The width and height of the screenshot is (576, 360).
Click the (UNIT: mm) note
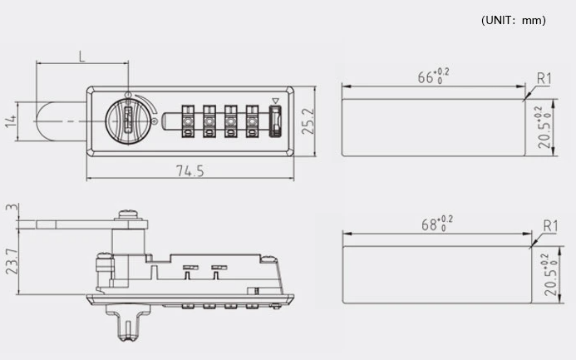pyautogui.click(x=513, y=21)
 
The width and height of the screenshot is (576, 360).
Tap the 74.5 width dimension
pyautogui.click(x=190, y=171)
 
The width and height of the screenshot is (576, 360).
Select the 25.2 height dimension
pyautogui.click(x=308, y=121)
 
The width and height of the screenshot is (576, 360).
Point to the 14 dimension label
pyautogui.click(x=11, y=121)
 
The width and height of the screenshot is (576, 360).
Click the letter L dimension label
pyautogui.click(x=81, y=57)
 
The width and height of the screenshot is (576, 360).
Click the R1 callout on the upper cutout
pyautogui.click(x=544, y=78)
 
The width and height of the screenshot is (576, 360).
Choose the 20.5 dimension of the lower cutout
pyautogui.click(x=544, y=276)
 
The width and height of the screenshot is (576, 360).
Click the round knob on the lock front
pyautogui.click(x=128, y=121)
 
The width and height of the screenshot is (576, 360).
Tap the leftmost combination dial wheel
pyautogui.click(x=189, y=121)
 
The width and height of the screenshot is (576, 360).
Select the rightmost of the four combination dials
pyautogui.click(x=250, y=121)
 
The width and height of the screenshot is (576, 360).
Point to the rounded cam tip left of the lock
pyautogui.click(x=43, y=121)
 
